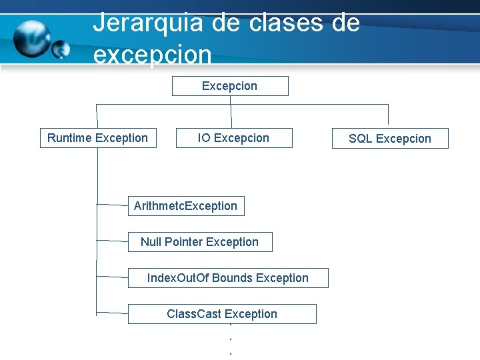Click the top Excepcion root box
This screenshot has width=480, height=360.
click(230, 86)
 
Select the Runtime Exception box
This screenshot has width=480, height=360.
click(98, 138)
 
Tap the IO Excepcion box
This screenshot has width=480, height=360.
click(233, 138)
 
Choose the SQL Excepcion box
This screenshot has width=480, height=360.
click(390, 139)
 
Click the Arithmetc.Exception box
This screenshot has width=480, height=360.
click(186, 206)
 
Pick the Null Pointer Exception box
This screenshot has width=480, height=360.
click(200, 242)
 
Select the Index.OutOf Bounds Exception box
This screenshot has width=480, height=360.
click(228, 278)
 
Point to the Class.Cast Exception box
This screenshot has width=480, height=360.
click(222, 314)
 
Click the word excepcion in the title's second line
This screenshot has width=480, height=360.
click(153, 55)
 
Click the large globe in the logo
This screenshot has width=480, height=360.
click(31, 38)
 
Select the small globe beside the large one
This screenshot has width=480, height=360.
click(61, 48)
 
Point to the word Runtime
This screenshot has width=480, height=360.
click(69, 138)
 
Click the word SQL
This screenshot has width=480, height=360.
click(361, 139)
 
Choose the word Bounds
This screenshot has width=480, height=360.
click(232, 278)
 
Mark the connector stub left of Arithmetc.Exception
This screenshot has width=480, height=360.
click(112, 204)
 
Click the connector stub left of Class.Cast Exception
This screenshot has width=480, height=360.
click(112, 311)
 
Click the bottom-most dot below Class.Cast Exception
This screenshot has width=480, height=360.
click(230, 353)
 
